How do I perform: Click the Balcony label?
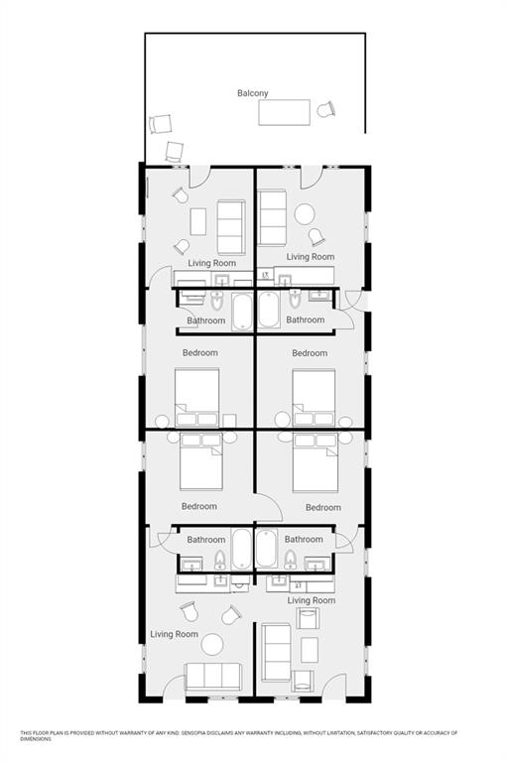tap(252, 93)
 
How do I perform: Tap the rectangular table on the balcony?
tap(284, 112)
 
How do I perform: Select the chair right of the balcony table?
tap(326, 109)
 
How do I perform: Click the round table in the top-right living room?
tap(305, 214)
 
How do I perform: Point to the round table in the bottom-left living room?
tap(212, 644)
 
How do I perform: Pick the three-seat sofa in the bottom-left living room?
tap(213, 677)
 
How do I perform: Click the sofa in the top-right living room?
tap(272, 218)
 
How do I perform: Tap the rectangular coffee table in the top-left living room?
tap(197, 221)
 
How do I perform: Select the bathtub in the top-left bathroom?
tap(242, 311)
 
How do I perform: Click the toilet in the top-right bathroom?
tap(295, 299)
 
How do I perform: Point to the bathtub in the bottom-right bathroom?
tap(266, 549)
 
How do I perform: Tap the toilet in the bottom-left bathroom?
tap(220, 560)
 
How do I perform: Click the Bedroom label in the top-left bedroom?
tap(199, 353)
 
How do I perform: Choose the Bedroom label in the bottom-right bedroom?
tap(323, 507)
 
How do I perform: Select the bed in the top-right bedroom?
tap(314, 398)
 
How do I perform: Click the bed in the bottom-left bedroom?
tap(200, 461)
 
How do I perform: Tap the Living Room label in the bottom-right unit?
tap(312, 600)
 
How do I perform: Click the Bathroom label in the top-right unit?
tap(306, 319)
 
